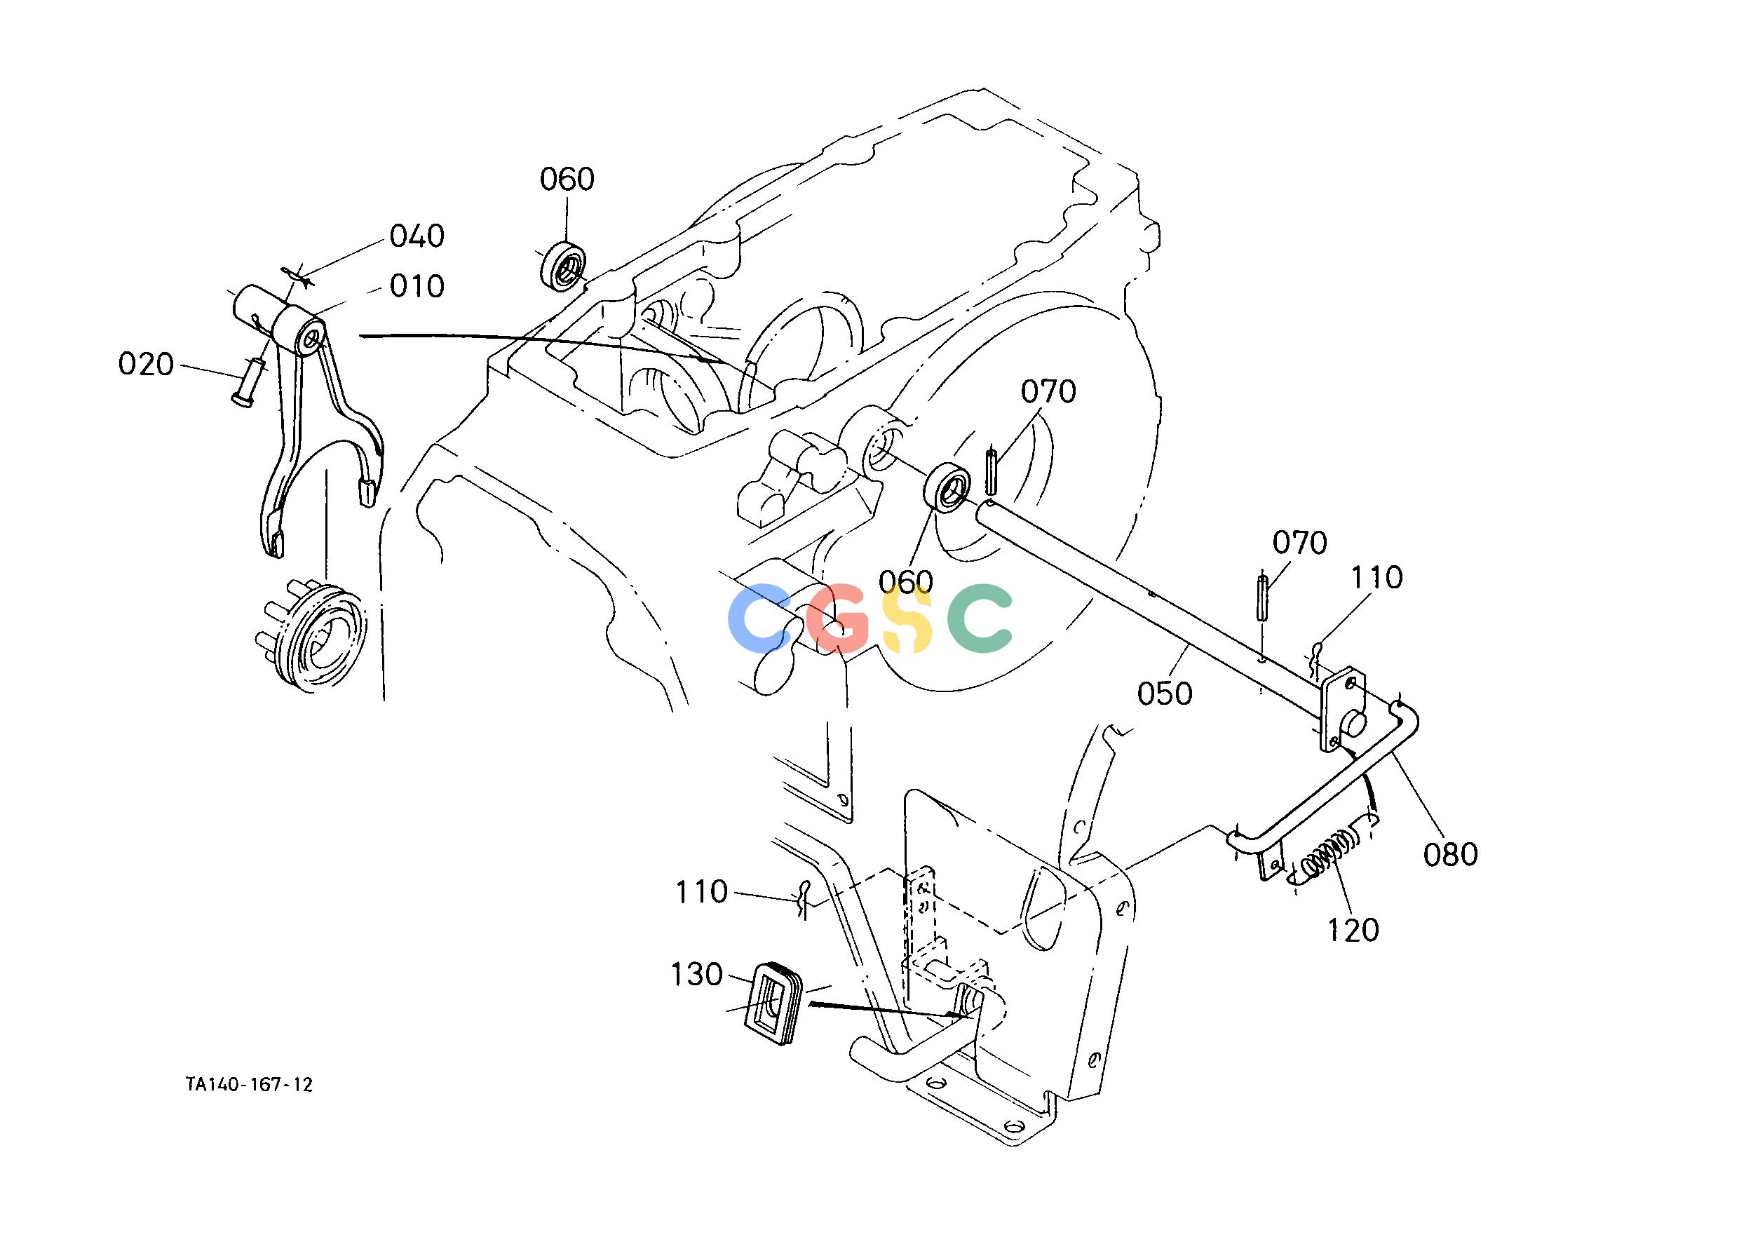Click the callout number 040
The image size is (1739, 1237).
[417, 236]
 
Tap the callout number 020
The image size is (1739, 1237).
[147, 365]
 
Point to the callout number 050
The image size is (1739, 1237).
[1165, 694]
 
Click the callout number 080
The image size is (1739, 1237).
[1451, 854]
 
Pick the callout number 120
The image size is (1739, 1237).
[1353, 930]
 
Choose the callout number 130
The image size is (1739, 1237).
[696, 974]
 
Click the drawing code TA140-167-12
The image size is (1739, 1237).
[249, 1085]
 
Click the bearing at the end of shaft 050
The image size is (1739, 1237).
[948, 485]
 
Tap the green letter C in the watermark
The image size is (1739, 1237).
[980, 618]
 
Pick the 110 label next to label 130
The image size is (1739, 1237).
[701, 891]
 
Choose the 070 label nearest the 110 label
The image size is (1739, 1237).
[1299, 543]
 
